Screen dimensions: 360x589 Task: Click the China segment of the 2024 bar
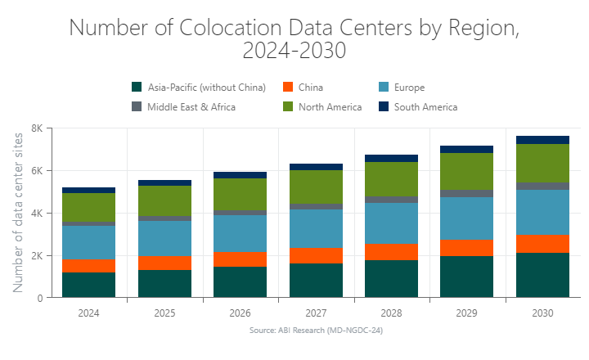click(88, 266)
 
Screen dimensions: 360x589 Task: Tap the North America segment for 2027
click(316, 187)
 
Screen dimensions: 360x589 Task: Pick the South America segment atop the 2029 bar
click(466, 150)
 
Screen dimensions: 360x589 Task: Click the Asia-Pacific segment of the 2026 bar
click(240, 281)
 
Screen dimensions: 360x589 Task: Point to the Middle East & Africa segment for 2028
click(391, 200)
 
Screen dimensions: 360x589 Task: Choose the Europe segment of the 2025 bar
click(164, 239)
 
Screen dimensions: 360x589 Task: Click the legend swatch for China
click(288, 88)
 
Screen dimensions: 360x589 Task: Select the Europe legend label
click(409, 88)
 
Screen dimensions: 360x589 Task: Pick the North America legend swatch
click(288, 107)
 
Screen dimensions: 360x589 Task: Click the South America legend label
click(425, 107)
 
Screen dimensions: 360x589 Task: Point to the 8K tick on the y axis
click(38, 128)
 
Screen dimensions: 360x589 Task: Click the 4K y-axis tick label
click(38, 214)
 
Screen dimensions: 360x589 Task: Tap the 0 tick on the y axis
click(40, 299)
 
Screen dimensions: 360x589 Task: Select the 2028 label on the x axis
click(391, 313)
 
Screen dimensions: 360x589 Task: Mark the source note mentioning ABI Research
click(317, 331)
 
